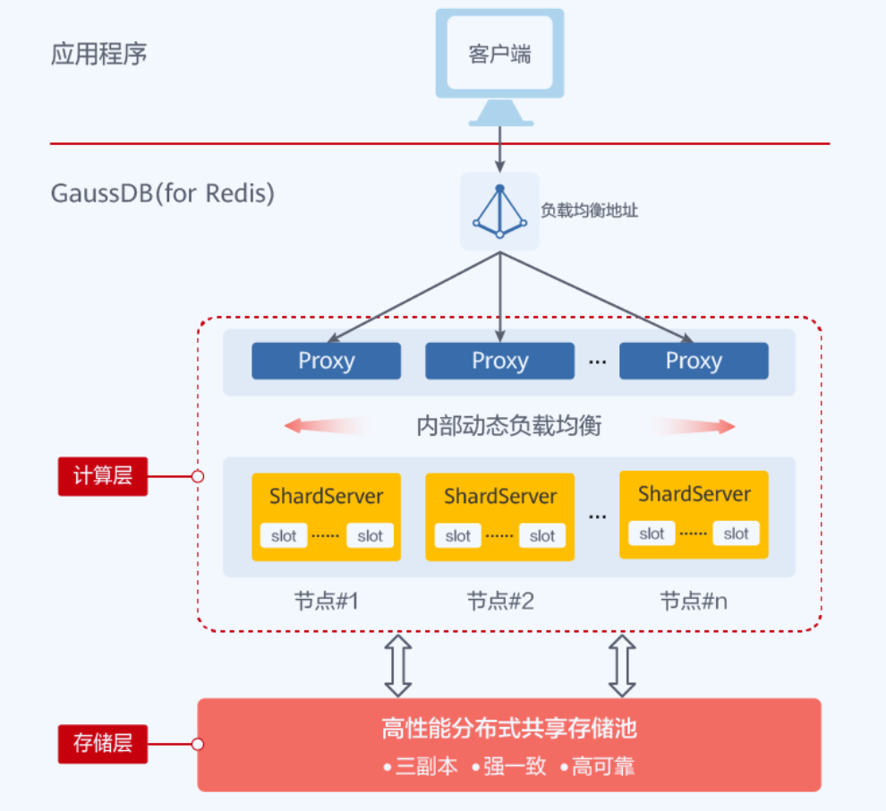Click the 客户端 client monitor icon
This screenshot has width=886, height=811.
pos(499,63)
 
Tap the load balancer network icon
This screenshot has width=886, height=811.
pos(499,211)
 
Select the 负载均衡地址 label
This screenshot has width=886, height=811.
pos(589,211)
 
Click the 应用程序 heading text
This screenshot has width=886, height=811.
pos(98,54)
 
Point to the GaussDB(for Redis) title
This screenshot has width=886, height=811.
pos(162,192)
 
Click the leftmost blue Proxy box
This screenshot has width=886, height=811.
pos(326,361)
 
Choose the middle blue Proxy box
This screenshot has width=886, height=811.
pos(499,361)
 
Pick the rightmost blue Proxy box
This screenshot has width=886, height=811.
pos(694,361)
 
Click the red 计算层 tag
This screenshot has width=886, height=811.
pos(103,476)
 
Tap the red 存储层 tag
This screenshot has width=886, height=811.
pos(103,743)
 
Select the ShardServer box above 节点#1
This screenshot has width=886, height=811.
pos(326,516)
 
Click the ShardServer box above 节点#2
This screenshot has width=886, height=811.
pos(499,516)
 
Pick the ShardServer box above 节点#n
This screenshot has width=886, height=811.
pos(694,515)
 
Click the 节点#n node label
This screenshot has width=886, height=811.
pos(694,601)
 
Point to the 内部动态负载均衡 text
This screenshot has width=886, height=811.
pos(509,426)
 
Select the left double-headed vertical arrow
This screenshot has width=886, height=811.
pos(398,666)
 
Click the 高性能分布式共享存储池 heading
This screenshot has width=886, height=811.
pos(508,729)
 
